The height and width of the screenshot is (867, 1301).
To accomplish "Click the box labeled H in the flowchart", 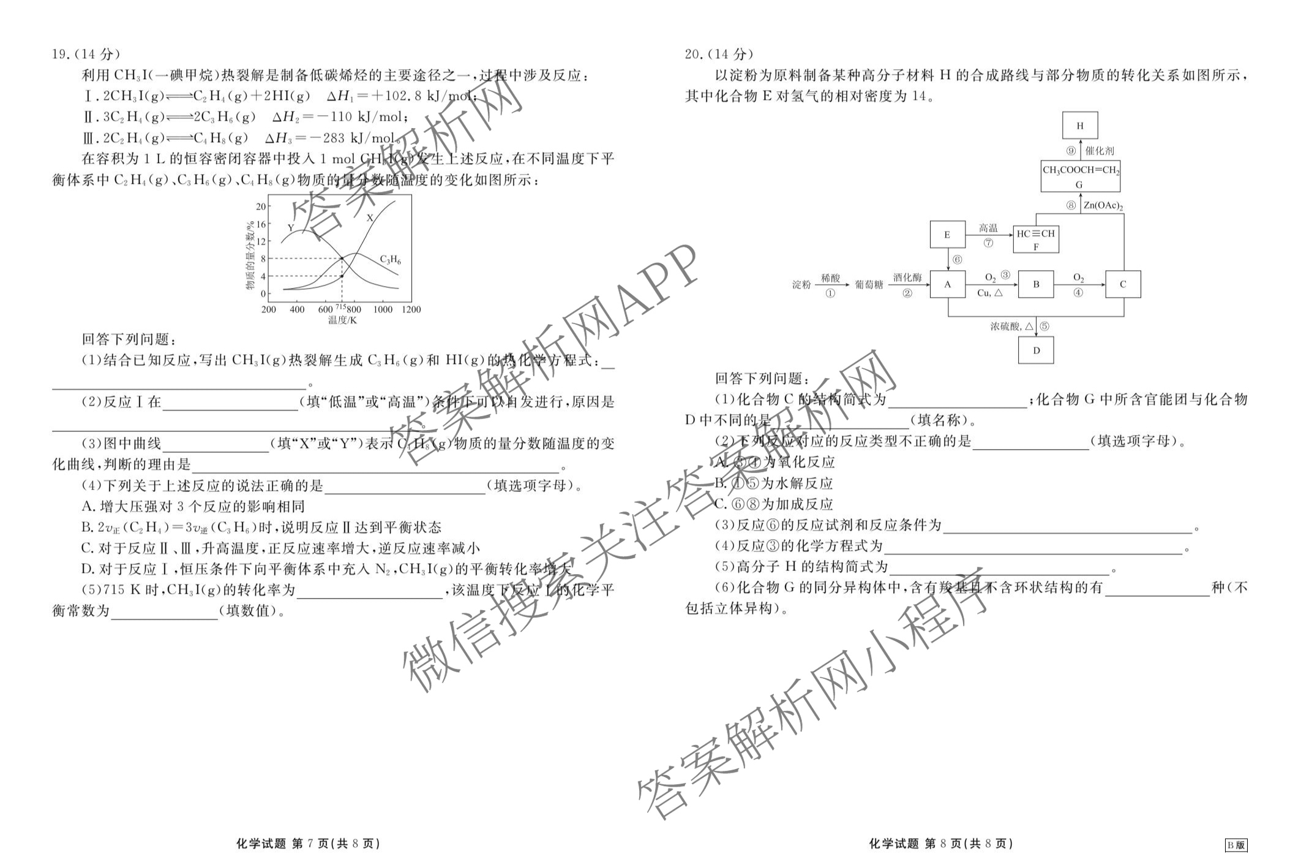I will [x=1079, y=126].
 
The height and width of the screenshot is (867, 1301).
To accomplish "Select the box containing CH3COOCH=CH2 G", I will [x=1080, y=176].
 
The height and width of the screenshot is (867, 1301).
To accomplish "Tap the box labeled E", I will [x=947, y=235].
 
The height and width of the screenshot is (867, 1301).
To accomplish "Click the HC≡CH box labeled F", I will [x=1035, y=239].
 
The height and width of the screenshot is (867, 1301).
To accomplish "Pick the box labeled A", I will [x=948, y=284].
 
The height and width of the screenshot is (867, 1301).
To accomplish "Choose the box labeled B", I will [x=1036, y=284].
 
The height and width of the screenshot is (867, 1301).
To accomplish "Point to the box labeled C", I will [x=1123, y=284].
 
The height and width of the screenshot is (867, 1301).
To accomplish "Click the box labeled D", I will [x=1036, y=350].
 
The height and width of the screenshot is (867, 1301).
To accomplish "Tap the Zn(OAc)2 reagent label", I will [x=1103, y=206].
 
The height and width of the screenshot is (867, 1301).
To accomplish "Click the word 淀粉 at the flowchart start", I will [x=801, y=285].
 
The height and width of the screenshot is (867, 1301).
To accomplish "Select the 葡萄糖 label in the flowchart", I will [x=869, y=285].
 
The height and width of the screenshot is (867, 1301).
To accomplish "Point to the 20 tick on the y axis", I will [x=261, y=206].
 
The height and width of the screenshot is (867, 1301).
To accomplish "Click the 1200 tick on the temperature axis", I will [x=411, y=309].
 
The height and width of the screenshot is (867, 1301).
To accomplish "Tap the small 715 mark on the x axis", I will [x=341, y=306].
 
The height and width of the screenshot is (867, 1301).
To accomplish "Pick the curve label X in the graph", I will [x=370, y=218].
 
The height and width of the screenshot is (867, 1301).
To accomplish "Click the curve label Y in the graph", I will [x=291, y=228].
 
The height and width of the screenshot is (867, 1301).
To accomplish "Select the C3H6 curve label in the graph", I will [x=390, y=259].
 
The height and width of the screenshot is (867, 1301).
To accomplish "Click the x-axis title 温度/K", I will [x=342, y=320].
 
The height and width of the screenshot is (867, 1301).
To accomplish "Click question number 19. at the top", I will [x=61, y=55].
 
